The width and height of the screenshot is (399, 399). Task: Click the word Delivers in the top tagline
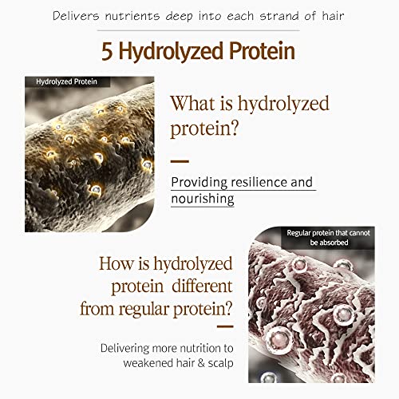pyautogui.click(x=76, y=16)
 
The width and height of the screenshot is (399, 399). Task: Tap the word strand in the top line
pyautogui.click(x=279, y=16)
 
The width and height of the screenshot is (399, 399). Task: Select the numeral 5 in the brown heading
pyautogui.click(x=107, y=51)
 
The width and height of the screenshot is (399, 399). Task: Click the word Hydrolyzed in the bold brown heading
pyautogui.click(x=171, y=51)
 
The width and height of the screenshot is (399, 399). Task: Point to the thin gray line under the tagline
pyautogui.click(x=199, y=30)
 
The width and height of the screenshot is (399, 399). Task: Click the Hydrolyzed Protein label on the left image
pyautogui.click(x=66, y=81)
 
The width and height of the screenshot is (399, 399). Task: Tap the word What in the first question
pyautogui.click(x=193, y=103)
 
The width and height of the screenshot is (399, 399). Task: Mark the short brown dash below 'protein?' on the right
pyautogui.click(x=180, y=161)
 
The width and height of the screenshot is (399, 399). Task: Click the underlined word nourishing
pyautogui.click(x=203, y=199)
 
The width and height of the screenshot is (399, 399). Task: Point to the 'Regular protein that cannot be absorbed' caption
pyautogui.click(x=328, y=238)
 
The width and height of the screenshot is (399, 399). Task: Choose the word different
pyautogui.click(x=202, y=286)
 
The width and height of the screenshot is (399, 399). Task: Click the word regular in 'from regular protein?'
pyautogui.click(x=144, y=310)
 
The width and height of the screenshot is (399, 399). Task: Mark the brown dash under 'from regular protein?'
pyautogui.click(x=225, y=326)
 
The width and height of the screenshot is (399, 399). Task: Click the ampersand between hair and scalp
pyautogui.click(x=201, y=363)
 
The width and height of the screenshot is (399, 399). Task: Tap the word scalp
pyautogui.click(x=220, y=363)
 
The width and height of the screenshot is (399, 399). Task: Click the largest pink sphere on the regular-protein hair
pyautogui.click(x=279, y=339)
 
